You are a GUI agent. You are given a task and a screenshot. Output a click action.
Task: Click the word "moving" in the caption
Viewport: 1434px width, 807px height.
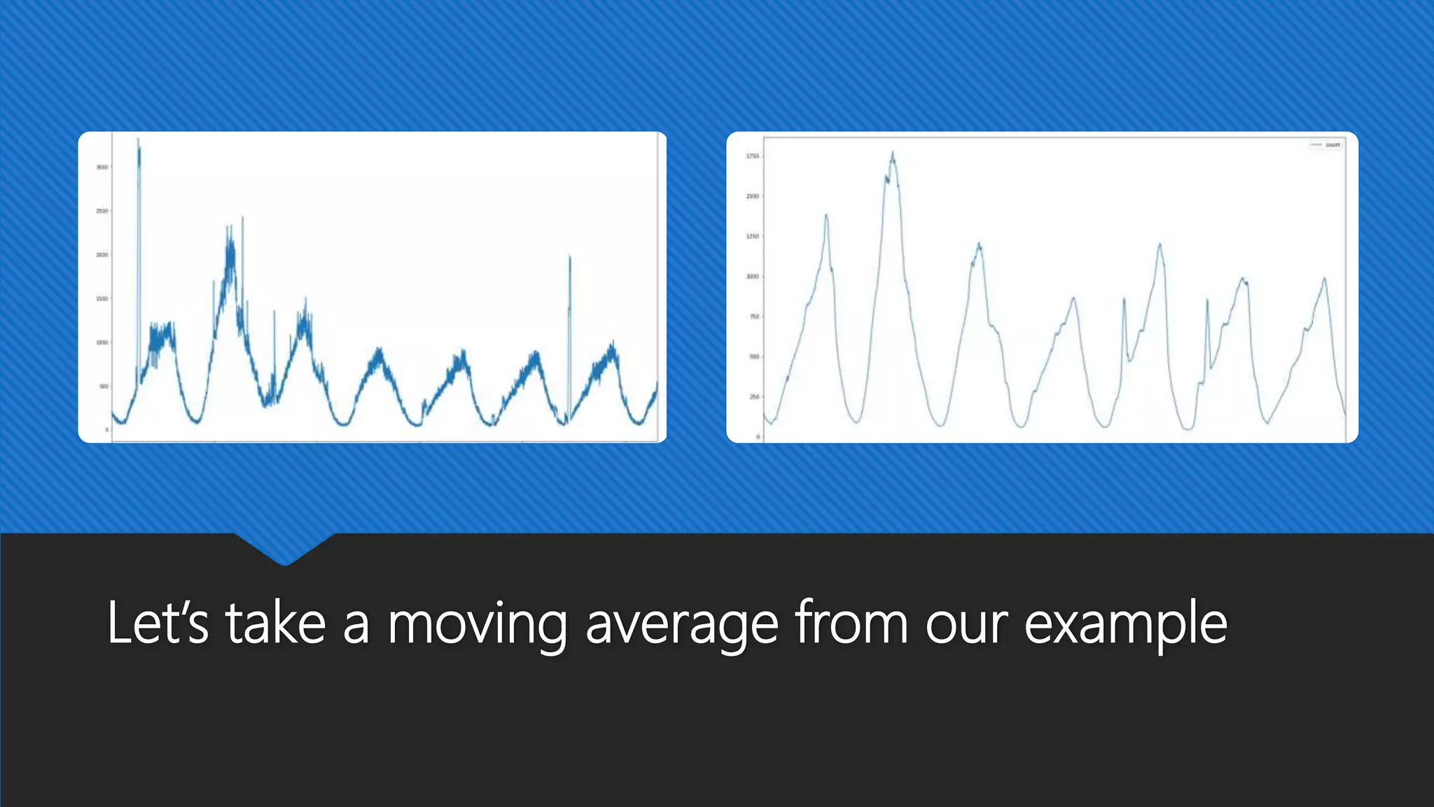tap(477, 623)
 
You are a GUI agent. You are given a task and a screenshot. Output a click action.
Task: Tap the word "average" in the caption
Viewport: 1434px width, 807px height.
tap(681, 623)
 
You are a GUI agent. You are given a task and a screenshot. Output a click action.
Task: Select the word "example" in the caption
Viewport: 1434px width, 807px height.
tap(1125, 623)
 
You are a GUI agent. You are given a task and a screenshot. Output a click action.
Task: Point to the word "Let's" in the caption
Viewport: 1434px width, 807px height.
tap(158, 623)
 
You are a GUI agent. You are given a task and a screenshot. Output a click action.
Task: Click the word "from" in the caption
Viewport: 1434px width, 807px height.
tap(851, 623)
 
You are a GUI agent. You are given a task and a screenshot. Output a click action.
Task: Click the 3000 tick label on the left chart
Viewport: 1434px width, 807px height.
tap(102, 167)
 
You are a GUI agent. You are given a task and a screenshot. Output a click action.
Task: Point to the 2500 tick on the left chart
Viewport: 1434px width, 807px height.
tap(102, 211)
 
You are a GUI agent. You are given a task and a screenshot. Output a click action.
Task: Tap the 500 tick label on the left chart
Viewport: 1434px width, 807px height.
tap(104, 386)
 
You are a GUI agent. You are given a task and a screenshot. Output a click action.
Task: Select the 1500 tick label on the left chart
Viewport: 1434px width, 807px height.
tap(102, 298)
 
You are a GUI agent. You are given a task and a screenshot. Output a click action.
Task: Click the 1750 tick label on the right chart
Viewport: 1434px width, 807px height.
tap(752, 156)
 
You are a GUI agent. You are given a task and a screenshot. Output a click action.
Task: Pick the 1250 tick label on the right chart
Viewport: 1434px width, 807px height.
tap(752, 237)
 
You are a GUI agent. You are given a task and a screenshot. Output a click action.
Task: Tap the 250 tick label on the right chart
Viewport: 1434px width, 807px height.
tap(754, 396)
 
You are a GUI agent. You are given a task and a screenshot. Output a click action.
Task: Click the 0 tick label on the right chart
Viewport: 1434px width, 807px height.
tap(758, 437)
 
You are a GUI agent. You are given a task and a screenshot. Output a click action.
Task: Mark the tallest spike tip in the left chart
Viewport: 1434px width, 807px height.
tap(139, 140)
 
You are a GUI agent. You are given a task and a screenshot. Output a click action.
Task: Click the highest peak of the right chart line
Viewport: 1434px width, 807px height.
tap(893, 153)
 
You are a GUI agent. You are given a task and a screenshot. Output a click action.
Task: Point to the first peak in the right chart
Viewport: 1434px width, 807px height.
tap(826, 215)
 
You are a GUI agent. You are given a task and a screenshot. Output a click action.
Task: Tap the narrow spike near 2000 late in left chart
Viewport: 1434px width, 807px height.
tap(570, 257)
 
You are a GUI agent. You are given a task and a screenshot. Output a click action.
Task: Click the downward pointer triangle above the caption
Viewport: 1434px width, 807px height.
tap(284, 551)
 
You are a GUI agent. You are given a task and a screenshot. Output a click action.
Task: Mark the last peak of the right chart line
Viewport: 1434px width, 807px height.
tap(1324, 279)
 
